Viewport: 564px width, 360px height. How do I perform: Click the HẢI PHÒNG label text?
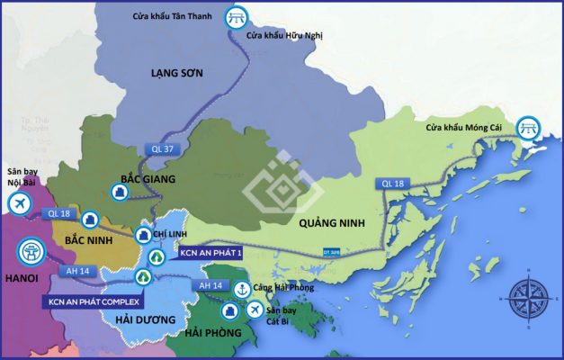coord(212,333)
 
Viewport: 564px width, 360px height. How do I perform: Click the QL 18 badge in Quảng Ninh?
coord(393,184)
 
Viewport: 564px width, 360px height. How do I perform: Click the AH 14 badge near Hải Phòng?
coord(210,285)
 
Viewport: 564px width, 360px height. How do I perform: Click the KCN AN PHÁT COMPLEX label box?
coord(94,301)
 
